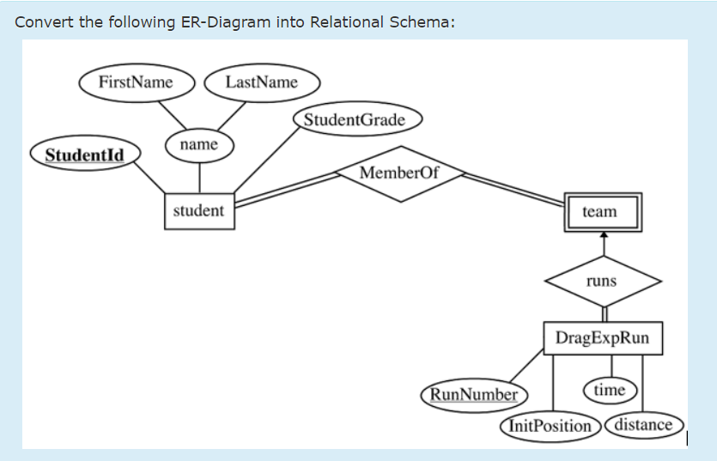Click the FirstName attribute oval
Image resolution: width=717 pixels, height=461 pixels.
click(x=136, y=82)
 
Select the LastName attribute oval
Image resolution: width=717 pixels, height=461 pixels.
click(x=262, y=82)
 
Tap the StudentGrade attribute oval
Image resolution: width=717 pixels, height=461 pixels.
click(x=355, y=119)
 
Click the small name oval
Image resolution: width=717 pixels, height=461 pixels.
click(x=199, y=145)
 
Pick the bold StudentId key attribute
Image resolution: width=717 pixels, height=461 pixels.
click(x=84, y=155)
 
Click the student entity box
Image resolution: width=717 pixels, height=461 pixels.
click(x=198, y=211)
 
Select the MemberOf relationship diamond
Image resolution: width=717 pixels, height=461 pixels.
click(x=398, y=173)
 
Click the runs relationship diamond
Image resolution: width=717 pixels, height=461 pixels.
click(x=602, y=281)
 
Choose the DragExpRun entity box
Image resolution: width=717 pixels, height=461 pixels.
click(x=602, y=337)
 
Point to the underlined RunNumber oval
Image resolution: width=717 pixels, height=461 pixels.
click(x=474, y=396)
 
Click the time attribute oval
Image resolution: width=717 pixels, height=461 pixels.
click(x=610, y=390)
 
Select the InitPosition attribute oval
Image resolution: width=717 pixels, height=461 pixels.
click(x=550, y=425)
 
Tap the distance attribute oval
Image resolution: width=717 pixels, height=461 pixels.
click(x=644, y=424)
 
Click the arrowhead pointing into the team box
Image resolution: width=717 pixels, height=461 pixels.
click(x=603, y=234)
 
